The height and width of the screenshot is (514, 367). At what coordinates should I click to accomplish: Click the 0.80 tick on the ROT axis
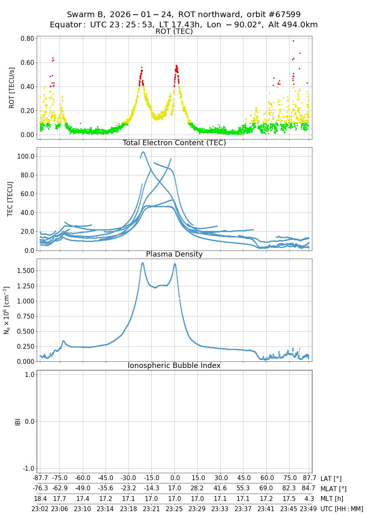tap(27, 39)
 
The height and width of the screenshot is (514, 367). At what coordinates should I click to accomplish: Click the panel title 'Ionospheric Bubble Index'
tap(174, 366)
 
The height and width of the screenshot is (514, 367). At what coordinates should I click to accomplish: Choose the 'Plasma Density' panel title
tap(174, 254)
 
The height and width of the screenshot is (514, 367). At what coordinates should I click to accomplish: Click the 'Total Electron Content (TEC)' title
tap(174, 143)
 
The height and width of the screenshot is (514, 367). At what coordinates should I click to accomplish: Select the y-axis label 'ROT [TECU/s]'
tap(12, 88)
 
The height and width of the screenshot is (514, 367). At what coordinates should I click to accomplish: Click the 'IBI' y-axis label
tap(18, 421)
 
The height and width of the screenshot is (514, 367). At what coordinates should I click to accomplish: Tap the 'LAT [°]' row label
tap(331, 479)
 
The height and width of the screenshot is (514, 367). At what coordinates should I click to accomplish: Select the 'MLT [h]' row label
tap(331, 498)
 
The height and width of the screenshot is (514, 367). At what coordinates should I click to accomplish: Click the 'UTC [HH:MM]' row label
tap(342, 509)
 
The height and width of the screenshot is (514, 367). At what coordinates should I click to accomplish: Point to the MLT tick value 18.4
tap(40, 498)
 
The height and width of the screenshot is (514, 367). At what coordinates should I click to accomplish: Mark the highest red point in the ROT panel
tap(293, 41)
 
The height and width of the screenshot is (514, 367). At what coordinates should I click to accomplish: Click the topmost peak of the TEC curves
tap(143, 152)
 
